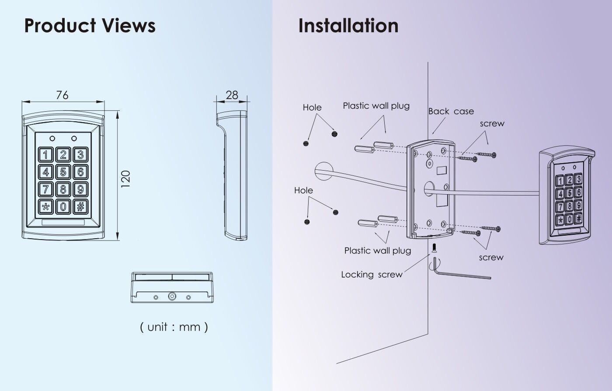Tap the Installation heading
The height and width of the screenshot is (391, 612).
tap(348, 25)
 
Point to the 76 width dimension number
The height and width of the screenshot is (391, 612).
tap(62, 95)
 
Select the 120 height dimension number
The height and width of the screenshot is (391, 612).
tap(125, 179)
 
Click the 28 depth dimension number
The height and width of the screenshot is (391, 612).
tap(232, 95)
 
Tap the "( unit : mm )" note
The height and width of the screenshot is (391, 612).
tap(174, 326)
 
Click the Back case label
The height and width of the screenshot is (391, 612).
tap(451, 111)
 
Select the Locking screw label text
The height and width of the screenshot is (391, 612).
tap(372, 274)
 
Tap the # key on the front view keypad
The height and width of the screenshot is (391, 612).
tap(80, 206)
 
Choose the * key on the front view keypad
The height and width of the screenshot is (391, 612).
tap(46, 206)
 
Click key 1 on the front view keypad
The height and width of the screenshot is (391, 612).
tap(46, 154)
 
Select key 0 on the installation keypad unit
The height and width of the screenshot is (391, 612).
tap(569, 219)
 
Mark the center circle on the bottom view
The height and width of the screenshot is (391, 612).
tap(172, 297)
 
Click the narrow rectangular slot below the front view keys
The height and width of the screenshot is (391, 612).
tap(63, 223)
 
